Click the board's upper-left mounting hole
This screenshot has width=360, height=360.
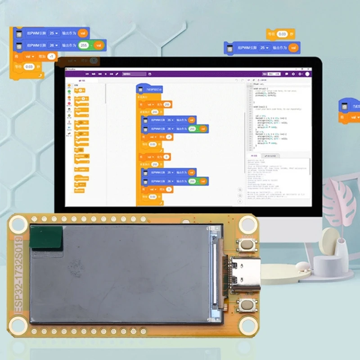(x=19, y=224)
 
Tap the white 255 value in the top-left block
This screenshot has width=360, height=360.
(x=83, y=45)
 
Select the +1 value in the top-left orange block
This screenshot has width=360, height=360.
(x=51, y=57)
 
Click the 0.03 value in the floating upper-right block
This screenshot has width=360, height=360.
(x=282, y=34)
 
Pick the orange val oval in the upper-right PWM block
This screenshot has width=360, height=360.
(x=293, y=47)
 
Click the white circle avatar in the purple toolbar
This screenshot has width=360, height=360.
(x=307, y=74)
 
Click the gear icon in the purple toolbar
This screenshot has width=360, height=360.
(x=293, y=74)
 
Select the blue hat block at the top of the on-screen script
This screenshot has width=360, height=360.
(x=149, y=90)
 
